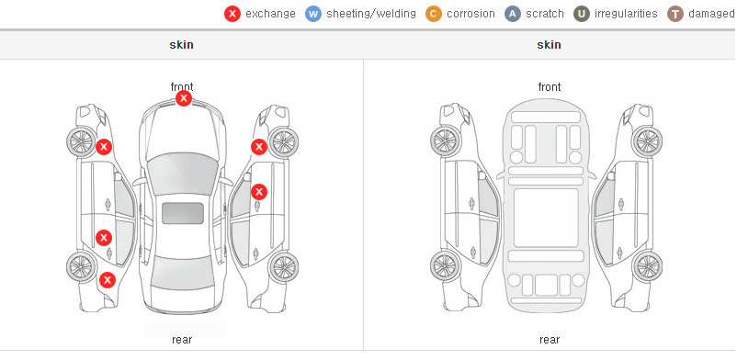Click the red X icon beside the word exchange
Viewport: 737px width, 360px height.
(232, 14)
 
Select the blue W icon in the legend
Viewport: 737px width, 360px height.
(313, 14)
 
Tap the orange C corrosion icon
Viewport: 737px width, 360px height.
(434, 14)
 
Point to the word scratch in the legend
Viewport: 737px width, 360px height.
(545, 14)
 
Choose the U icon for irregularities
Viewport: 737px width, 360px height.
(582, 14)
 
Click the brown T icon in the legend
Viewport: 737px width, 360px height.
(675, 14)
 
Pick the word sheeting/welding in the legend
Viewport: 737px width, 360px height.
(371, 14)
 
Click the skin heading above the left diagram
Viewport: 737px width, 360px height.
(181, 45)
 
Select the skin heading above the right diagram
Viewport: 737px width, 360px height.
(549, 45)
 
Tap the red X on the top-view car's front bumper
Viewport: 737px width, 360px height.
(184, 98)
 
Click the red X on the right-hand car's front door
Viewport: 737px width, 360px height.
(259, 192)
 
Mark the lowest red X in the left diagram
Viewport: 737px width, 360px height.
(108, 281)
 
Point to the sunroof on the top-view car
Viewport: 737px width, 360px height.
(183, 213)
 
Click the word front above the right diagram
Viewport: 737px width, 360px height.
(550, 87)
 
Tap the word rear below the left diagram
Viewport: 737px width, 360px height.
(182, 340)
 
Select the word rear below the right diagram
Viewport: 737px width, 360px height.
(550, 340)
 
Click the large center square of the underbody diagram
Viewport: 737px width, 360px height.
(546, 217)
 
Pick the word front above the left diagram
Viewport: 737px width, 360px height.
(182, 87)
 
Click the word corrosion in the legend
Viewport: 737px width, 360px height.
(471, 14)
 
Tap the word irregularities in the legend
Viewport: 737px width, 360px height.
(626, 14)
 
